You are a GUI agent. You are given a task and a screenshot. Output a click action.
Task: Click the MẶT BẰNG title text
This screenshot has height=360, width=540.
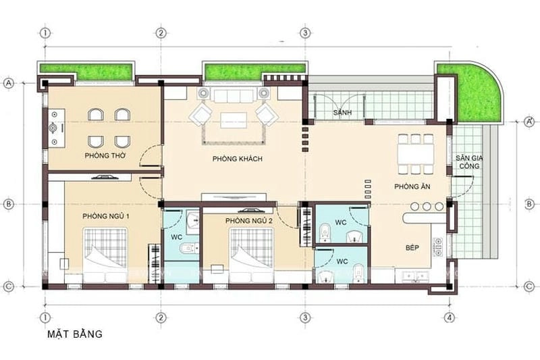(x=74, y=334)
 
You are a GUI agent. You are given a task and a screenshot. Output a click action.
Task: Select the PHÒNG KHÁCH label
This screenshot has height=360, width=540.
(x=237, y=159)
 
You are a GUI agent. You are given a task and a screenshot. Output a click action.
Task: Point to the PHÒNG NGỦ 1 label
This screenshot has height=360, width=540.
(x=106, y=216)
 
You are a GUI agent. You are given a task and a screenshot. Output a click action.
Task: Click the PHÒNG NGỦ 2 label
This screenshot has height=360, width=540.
(x=248, y=221)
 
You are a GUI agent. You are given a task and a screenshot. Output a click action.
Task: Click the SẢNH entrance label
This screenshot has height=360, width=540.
(x=341, y=112)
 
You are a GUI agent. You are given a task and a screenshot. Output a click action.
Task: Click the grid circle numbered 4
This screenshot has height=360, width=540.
(x=449, y=317)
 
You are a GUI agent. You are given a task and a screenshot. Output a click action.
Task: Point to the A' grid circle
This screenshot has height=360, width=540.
(x=529, y=122)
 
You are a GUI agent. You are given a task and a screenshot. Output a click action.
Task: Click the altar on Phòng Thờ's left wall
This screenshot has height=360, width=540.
(x=53, y=127)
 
